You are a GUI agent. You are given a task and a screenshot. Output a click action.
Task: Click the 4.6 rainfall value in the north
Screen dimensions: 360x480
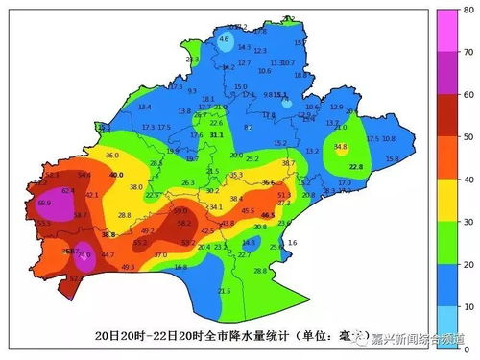click(224, 39)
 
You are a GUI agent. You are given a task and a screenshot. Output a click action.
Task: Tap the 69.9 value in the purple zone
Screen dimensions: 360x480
click(44, 204)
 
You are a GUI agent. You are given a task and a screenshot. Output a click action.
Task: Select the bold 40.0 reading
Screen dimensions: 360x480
click(116, 176)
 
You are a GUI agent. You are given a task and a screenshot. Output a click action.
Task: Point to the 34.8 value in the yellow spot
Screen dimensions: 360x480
click(340, 147)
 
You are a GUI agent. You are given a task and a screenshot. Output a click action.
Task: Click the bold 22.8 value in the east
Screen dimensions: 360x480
click(356, 167)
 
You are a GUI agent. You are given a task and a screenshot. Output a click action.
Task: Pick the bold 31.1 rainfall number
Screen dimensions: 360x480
click(217, 136)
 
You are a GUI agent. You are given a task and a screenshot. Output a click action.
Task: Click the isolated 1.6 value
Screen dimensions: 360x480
click(292, 243)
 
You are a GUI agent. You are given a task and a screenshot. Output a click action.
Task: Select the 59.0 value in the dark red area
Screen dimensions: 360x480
click(180, 210)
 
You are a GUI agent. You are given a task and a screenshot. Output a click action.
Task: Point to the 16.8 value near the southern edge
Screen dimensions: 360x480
click(180, 267)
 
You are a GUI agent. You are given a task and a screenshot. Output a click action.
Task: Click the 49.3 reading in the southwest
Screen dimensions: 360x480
click(128, 267)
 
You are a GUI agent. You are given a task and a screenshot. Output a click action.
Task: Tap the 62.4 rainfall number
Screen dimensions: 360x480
click(68, 191)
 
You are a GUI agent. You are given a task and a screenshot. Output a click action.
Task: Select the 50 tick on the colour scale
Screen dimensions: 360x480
click(466, 137)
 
